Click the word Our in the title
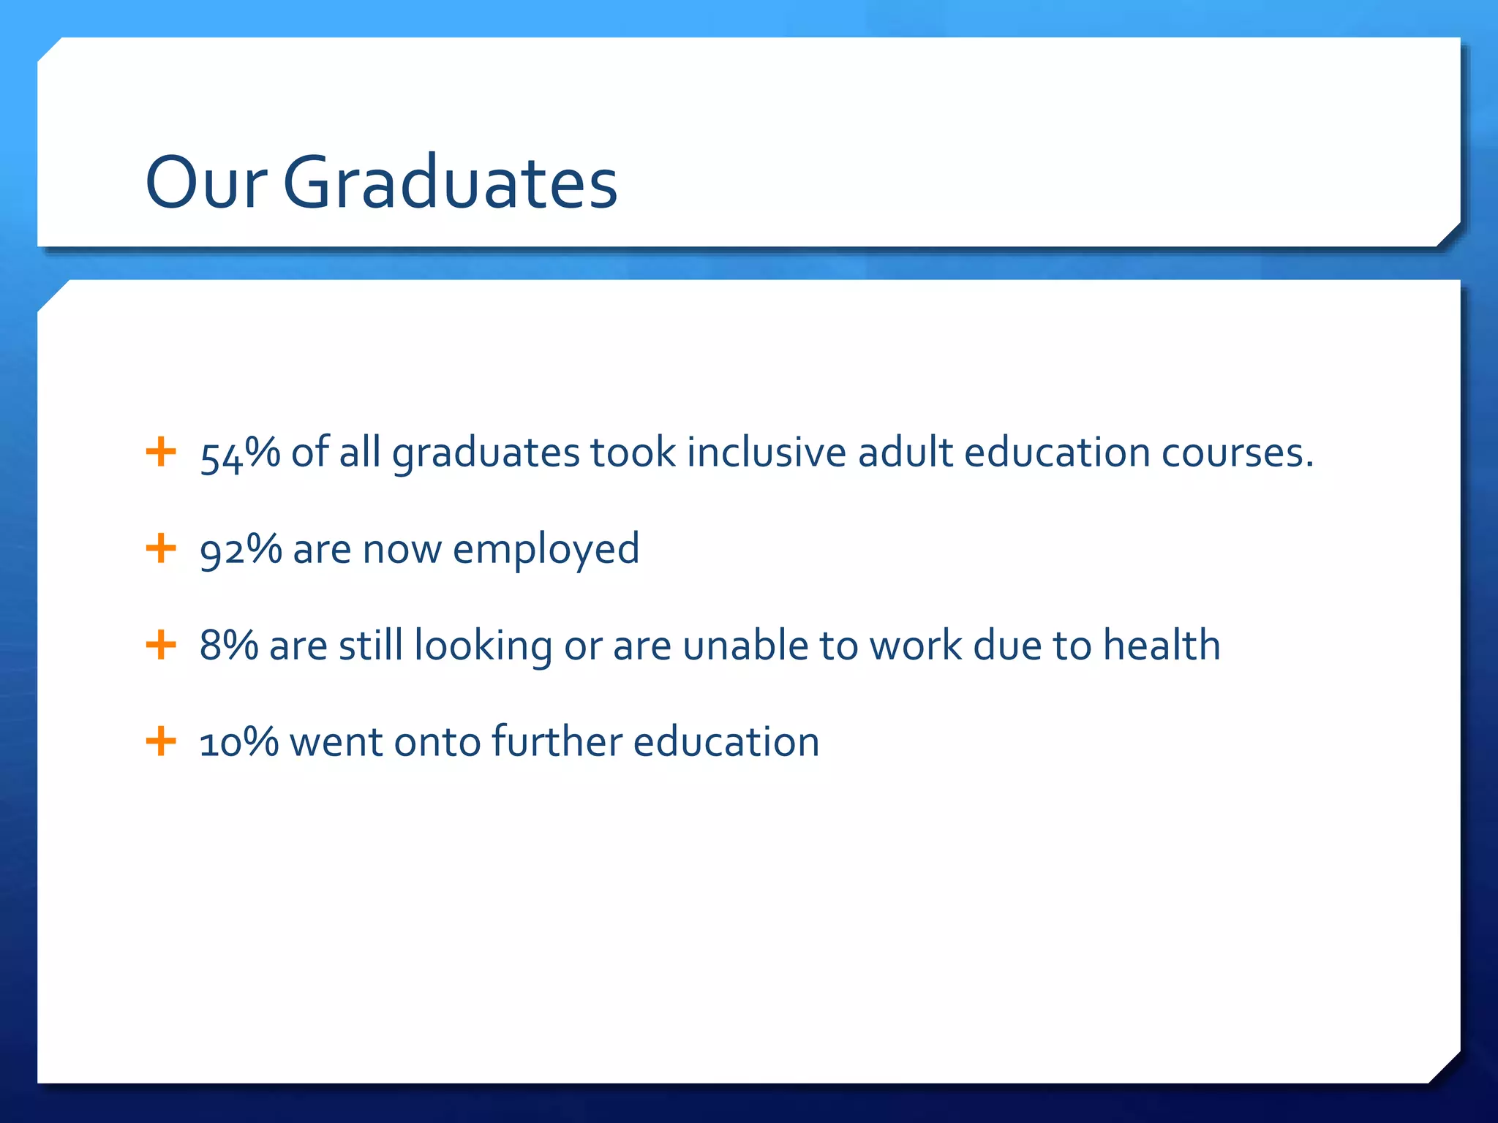pos(206,183)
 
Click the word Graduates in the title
pos(450,183)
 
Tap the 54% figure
pos(240,453)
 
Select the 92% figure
pos(241,550)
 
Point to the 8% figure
pos(228,646)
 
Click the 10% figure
pos(239,742)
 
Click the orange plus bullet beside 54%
pos(161,452)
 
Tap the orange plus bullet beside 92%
pos(161,548)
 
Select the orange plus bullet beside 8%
pos(161,645)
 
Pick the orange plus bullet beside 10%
pos(161,741)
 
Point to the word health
pos(1162,646)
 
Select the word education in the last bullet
pos(726,742)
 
